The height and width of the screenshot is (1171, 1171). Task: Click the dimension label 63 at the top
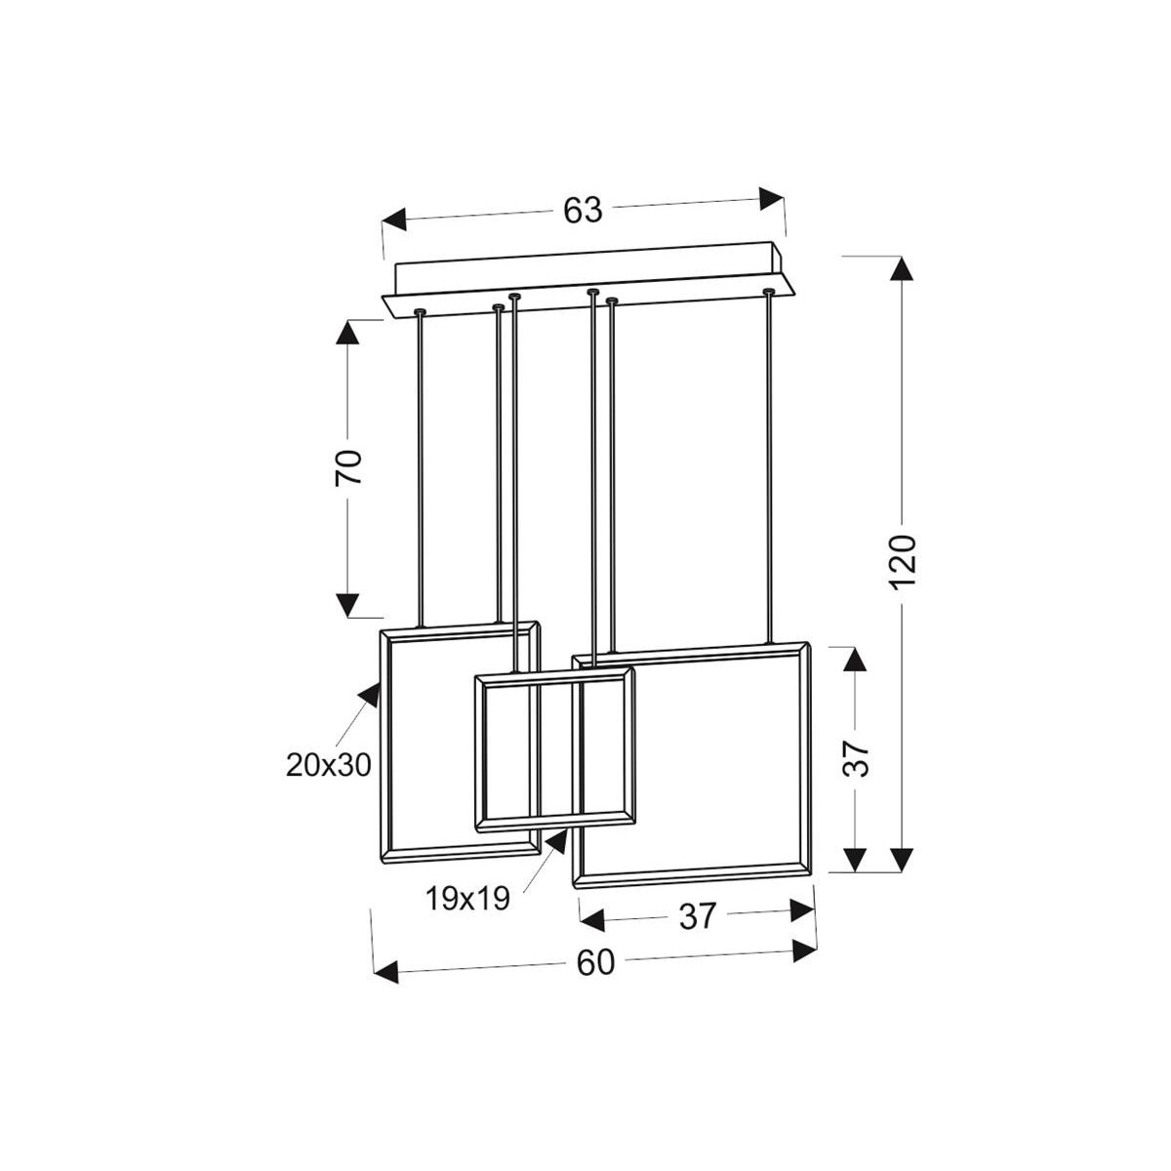tap(583, 210)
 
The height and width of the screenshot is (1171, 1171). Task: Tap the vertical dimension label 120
tap(903, 561)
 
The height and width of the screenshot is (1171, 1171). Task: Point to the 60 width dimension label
tap(595, 963)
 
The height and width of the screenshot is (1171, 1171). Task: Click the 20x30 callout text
tap(329, 765)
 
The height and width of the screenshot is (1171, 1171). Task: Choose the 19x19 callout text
tap(467, 899)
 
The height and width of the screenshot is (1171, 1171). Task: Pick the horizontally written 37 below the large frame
tap(697, 916)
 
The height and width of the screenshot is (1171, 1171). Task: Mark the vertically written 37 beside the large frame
tap(855, 757)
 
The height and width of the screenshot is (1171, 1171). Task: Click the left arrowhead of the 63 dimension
tap(395, 221)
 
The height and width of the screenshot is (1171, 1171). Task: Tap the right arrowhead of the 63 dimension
tap(772, 198)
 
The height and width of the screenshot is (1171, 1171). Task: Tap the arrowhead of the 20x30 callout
tap(370, 695)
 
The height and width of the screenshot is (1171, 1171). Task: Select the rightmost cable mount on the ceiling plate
tap(770, 291)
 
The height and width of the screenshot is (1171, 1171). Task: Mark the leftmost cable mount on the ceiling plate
tap(420, 311)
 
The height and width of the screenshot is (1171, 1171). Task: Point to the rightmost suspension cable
tap(770, 468)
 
